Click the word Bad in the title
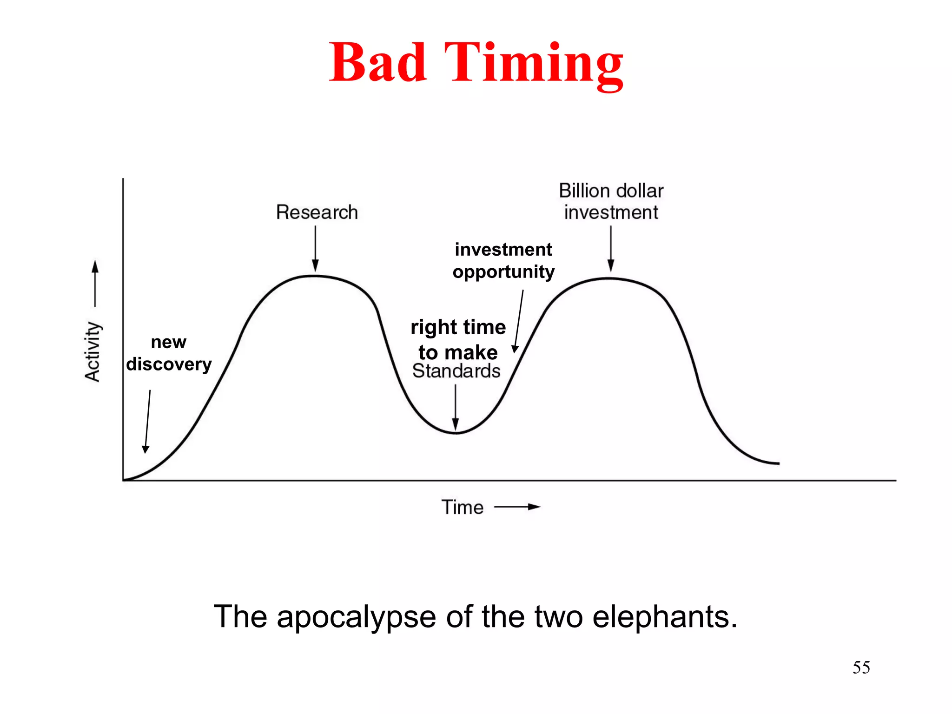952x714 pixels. (x=377, y=62)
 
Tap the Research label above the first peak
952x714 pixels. (x=317, y=212)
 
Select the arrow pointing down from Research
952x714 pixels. (x=315, y=248)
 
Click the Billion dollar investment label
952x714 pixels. (x=611, y=201)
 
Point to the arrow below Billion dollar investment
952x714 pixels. (x=611, y=248)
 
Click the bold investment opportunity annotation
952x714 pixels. (x=503, y=260)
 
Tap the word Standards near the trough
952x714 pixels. (x=456, y=371)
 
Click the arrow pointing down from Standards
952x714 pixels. (x=456, y=407)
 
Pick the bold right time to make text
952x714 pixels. (x=458, y=339)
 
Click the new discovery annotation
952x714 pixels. (x=169, y=353)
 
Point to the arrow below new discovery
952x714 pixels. (x=148, y=421)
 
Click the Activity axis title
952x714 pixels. (x=93, y=352)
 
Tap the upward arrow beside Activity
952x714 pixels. (x=95, y=284)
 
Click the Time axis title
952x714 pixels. (x=463, y=507)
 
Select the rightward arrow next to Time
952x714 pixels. (x=517, y=507)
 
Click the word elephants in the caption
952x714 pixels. (x=665, y=617)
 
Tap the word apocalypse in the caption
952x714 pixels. (x=356, y=617)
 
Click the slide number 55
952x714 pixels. (x=861, y=668)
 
